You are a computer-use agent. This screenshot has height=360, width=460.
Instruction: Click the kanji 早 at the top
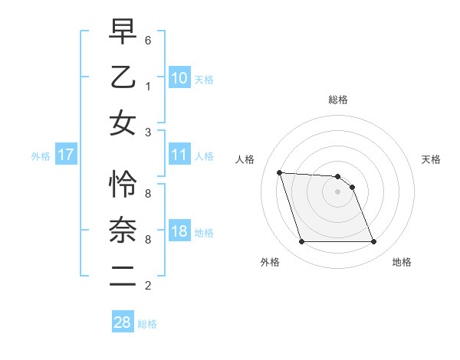click(x=123, y=33)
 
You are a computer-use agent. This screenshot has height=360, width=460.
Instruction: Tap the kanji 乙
click(x=123, y=77)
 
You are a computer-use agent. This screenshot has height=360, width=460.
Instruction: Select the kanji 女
click(x=123, y=123)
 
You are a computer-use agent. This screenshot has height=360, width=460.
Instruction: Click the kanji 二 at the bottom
click(x=123, y=276)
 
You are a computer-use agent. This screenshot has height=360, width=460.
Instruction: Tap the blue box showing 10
click(x=179, y=78)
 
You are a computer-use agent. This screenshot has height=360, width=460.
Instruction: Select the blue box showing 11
click(x=179, y=155)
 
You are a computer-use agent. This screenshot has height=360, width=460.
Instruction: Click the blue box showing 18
click(x=179, y=232)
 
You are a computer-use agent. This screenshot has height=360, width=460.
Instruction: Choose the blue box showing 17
click(x=65, y=155)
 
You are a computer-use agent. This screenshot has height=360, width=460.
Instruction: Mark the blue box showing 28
click(x=123, y=322)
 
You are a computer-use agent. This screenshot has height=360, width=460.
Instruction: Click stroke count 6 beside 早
click(x=148, y=39)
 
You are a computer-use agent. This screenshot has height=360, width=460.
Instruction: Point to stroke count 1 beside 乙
click(x=148, y=85)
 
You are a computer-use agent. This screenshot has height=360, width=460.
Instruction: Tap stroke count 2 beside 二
click(x=148, y=286)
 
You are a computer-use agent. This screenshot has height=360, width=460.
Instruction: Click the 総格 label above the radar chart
click(x=338, y=100)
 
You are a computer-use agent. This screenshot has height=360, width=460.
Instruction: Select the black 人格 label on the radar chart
click(x=245, y=159)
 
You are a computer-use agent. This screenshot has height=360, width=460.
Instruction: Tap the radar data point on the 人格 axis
click(x=280, y=172)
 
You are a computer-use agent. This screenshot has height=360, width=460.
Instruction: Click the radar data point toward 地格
click(x=373, y=242)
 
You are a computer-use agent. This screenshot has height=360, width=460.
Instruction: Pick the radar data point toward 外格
click(x=301, y=242)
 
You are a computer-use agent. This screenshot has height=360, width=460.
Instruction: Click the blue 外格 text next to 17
click(x=41, y=156)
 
